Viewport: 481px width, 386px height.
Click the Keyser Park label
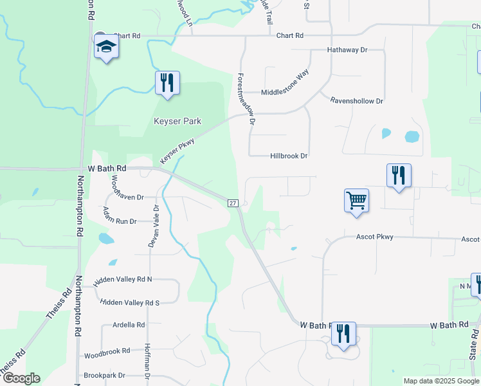[x=177, y=121]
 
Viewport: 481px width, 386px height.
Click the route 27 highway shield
[x=233, y=203]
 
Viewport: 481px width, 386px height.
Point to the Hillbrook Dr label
[x=289, y=156]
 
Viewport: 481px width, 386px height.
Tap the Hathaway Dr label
[x=347, y=50]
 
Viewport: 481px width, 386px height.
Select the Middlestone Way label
[x=285, y=82]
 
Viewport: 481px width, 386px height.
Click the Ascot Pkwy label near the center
[x=375, y=237]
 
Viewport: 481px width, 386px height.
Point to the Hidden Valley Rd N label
[x=123, y=280]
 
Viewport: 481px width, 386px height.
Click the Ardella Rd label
[x=128, y=325]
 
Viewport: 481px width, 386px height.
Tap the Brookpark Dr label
[x=104, y=375]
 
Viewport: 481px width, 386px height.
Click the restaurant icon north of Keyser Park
[x=167, y=82]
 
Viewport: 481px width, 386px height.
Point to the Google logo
[x=21, y=378]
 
